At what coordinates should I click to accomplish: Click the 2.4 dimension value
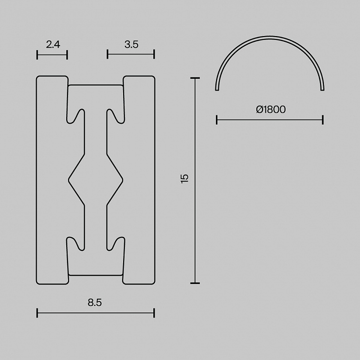(x=53, y=44)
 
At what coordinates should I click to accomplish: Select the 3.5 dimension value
(x=131, y=44)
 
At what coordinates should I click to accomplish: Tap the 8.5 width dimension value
(x=94, y=303)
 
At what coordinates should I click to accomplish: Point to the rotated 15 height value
(x=184, y=179)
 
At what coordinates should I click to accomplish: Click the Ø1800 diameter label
(x=271, y=109)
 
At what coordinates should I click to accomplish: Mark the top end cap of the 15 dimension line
(x=195, y=78)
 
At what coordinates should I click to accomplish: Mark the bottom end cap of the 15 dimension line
(x=195, y=283)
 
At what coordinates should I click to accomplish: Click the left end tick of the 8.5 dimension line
(x=37, y=313)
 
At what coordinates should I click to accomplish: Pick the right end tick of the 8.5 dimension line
(x=154, y=313)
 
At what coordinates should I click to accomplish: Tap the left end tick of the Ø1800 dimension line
(x=217, y=120)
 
